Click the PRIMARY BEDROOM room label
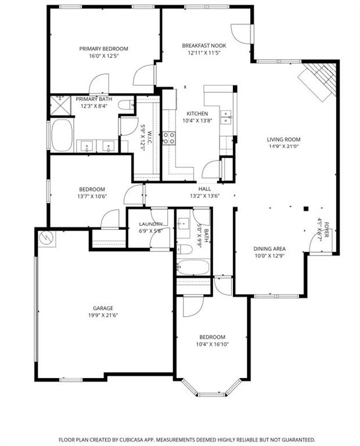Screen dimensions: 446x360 pyautogui.click(x=103, y=49)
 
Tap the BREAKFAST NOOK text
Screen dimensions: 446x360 pyautogui.click(x=204, y=45)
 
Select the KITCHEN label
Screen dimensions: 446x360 pyautogui.click(x=197, y=113)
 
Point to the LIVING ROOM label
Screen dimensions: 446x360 pyautogui.click(x=283, y=139)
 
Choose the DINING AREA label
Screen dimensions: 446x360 pyautogui.click(x=269, y=249)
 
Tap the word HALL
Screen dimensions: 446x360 pyautogui.click(x=205, y=189)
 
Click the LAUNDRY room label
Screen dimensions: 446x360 pyautogui.click(x=150, y=224)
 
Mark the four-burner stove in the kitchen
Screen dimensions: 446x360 pyautogui.click(x=169, y=138)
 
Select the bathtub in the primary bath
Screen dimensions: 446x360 pyautogui.click(x=61, y=135)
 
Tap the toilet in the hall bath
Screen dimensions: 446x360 pyautogui.click(x=184, y=249)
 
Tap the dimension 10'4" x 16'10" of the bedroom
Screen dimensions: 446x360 pyautogui.click(x=212, y=345)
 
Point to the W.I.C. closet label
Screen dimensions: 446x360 pyautogui.click(x=149, y=138)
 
